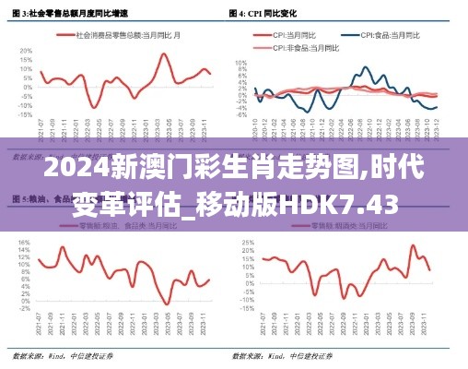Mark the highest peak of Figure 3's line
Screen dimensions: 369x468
164,54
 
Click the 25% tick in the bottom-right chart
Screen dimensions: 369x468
247,244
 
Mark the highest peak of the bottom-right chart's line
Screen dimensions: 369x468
413,245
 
